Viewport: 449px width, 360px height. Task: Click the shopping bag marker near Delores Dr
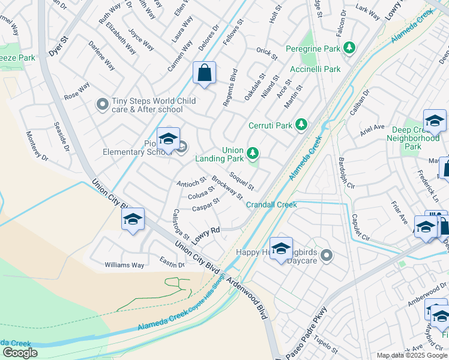pos(205,73)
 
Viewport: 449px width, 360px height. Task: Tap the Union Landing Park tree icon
pos(253,154)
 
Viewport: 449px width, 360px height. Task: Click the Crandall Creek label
pos(271,205)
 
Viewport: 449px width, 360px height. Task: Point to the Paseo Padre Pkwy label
pos(307,332)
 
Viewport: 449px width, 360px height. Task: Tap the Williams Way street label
pos(124,265)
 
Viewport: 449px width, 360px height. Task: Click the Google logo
pos(20,352)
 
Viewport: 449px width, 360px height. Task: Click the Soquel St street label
pos(242,181)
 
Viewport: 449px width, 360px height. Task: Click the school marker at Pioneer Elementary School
pos(169,140)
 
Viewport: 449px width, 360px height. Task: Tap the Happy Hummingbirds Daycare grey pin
pos(326,256)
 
